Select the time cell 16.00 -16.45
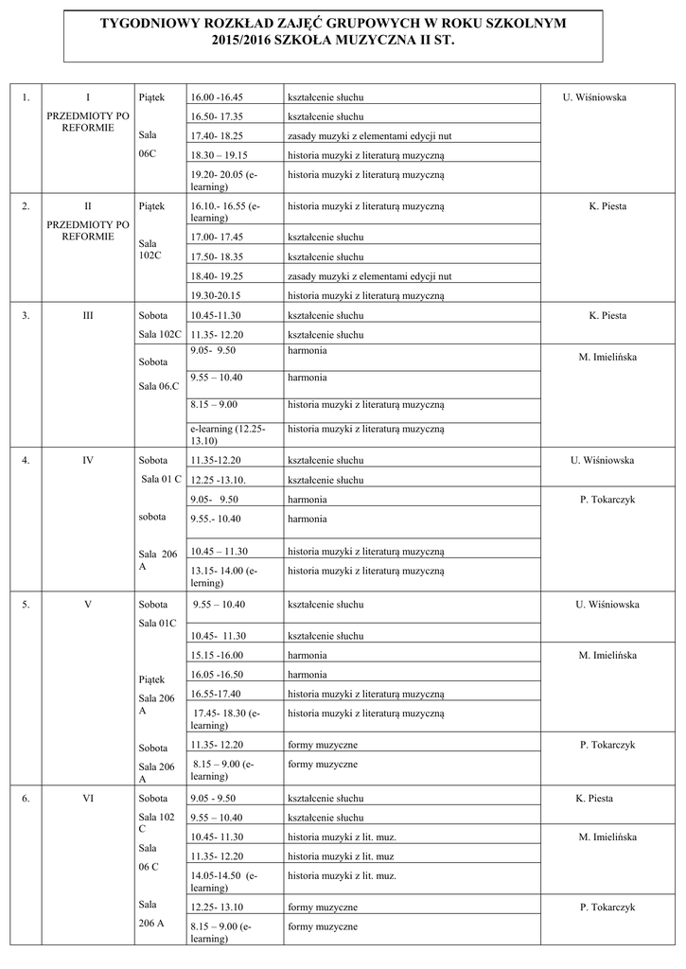[217, 97]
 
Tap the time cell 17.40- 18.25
[217, 136]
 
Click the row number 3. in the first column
[26, 315]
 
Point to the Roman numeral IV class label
[88, 461]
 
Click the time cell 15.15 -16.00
[217, 655]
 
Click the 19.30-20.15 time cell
[217, 295]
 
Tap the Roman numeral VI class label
[88, 798]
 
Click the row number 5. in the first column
[26, 604]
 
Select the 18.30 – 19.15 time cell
[219, 155]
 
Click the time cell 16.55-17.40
[217, 694]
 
